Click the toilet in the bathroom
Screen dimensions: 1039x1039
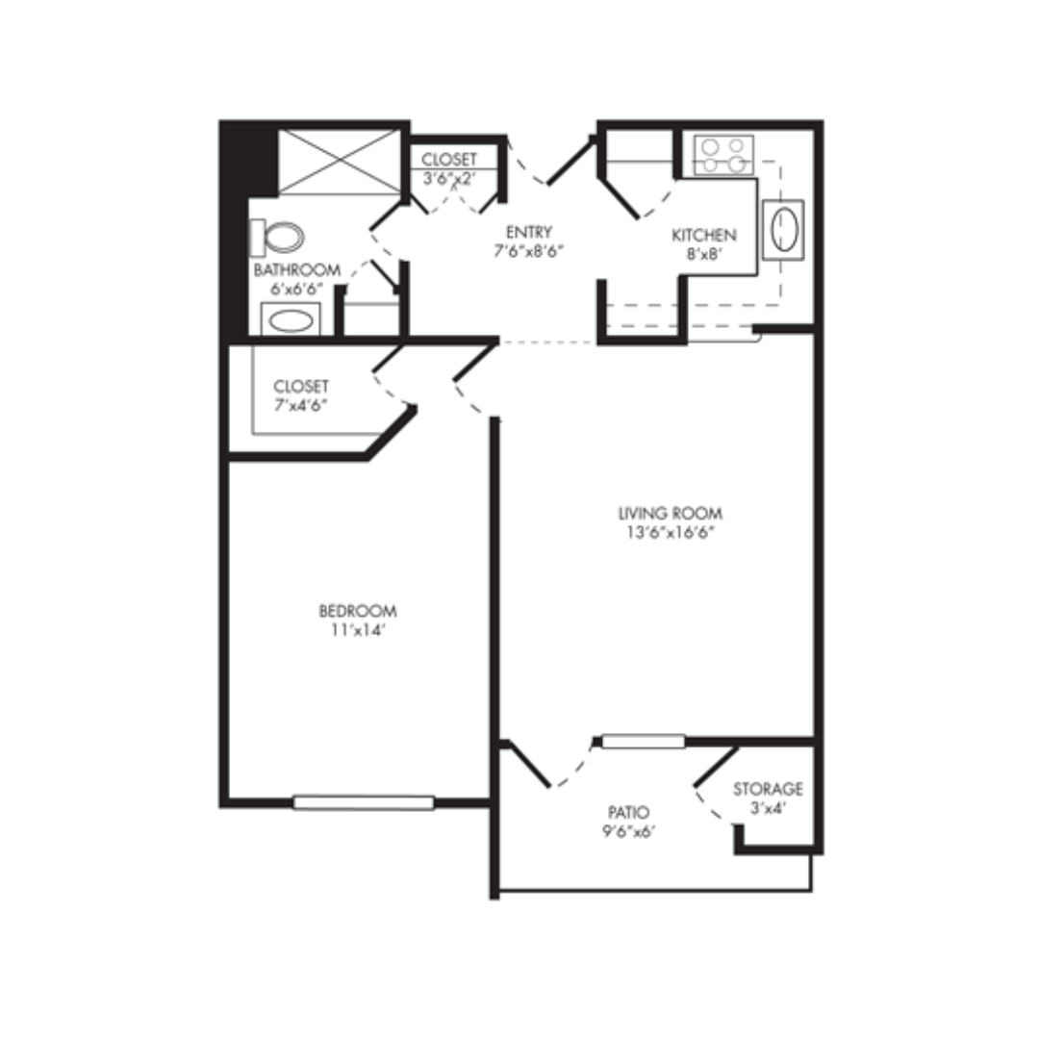(277, 238)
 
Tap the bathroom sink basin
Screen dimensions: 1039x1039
(291, 320)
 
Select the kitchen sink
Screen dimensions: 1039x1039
(783, 229)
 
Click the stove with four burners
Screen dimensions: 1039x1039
(723, 155)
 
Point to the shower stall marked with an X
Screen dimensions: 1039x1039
(340, 162)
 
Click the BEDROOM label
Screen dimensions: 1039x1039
(358, 610)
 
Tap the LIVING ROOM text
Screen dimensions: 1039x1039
(670, 513)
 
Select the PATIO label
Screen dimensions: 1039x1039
(628, 812)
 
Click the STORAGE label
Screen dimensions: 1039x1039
(768, 789)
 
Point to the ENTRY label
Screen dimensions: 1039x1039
(529, 232)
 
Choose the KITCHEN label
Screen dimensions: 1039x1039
(703, 236)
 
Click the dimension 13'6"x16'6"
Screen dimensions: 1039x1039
(670, 532)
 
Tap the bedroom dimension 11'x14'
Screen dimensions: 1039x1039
(358, 629)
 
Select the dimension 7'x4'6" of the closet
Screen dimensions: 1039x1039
(301, 405)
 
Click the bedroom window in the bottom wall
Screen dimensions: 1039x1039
(364, 802)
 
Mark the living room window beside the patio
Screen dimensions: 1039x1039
(643, 741)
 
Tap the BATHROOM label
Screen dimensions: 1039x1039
(297, 269)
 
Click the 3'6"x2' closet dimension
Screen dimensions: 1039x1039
(449, 178)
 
